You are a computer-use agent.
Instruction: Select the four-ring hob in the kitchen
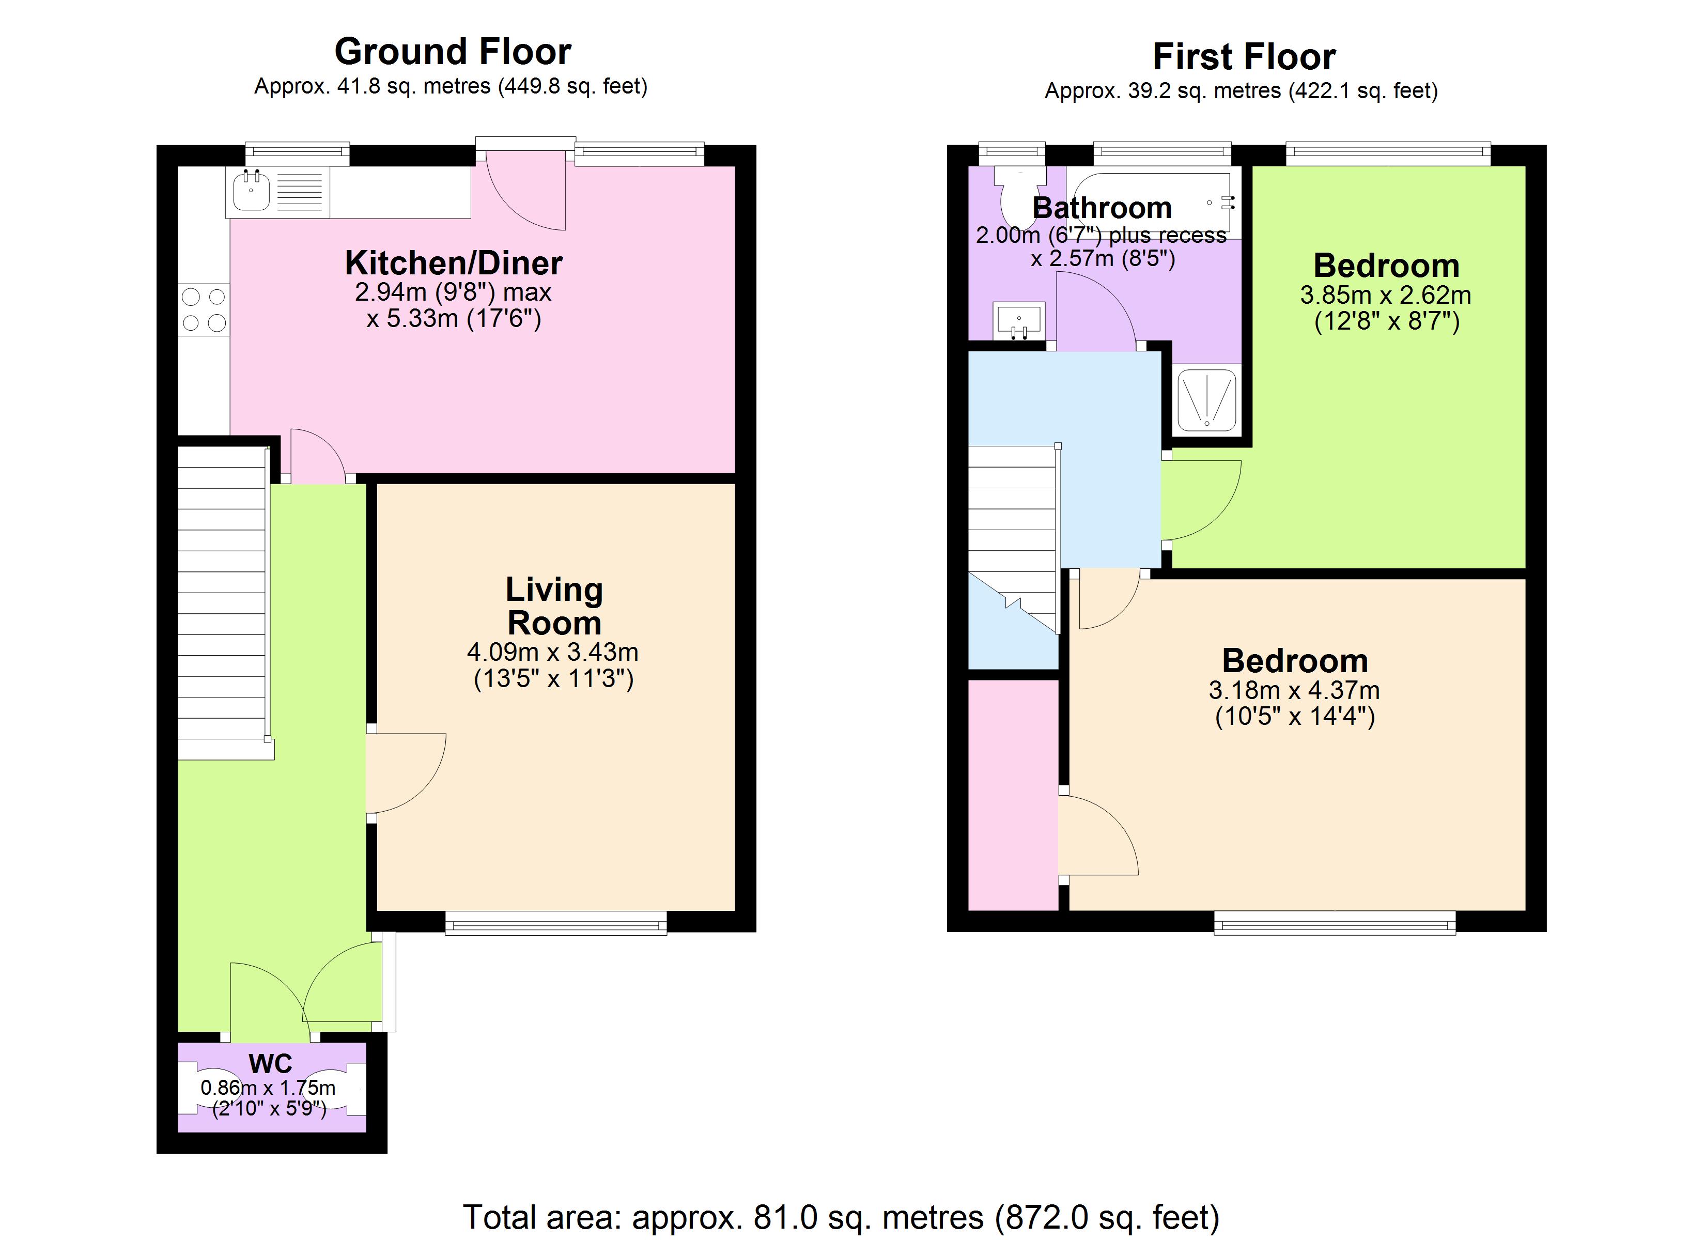point(204,310)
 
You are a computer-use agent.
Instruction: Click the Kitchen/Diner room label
point(453,263)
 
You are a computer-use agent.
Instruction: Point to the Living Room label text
point(554,606)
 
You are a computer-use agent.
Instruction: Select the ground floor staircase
point(223,601)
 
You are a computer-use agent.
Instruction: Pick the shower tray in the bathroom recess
point(1206,400)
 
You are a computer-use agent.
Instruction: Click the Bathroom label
point(1102,208)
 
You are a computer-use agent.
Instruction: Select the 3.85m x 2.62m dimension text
point(1386,295)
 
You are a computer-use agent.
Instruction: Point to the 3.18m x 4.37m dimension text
point(1294,690)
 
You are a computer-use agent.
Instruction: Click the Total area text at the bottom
point(841,1217)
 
